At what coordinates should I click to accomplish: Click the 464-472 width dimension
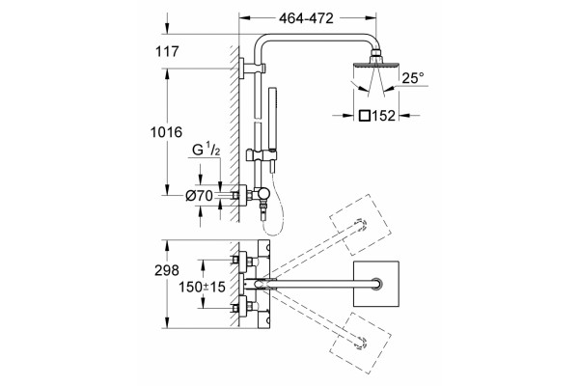point(306,18)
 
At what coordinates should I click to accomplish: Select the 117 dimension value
point(167,51)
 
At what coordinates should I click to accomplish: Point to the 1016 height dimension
point(166,132)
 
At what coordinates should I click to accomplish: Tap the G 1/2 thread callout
point(207,150)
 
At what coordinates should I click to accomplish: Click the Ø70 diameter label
point(199,195)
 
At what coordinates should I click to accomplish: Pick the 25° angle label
point(413,78)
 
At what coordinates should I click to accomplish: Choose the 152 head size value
point(383,116)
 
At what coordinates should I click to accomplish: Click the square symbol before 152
point(365,116)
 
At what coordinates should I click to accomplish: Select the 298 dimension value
point(167,270)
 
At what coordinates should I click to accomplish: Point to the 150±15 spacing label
point(202,287)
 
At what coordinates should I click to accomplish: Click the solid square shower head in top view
point(376,284)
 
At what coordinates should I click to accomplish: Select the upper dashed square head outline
point(360,225)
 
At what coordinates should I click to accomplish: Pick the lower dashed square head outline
point(360,344)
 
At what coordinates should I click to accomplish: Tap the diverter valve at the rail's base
point(262,194)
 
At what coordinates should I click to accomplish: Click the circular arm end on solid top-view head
point(377,284)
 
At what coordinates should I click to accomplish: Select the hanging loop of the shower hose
point(275,222)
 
